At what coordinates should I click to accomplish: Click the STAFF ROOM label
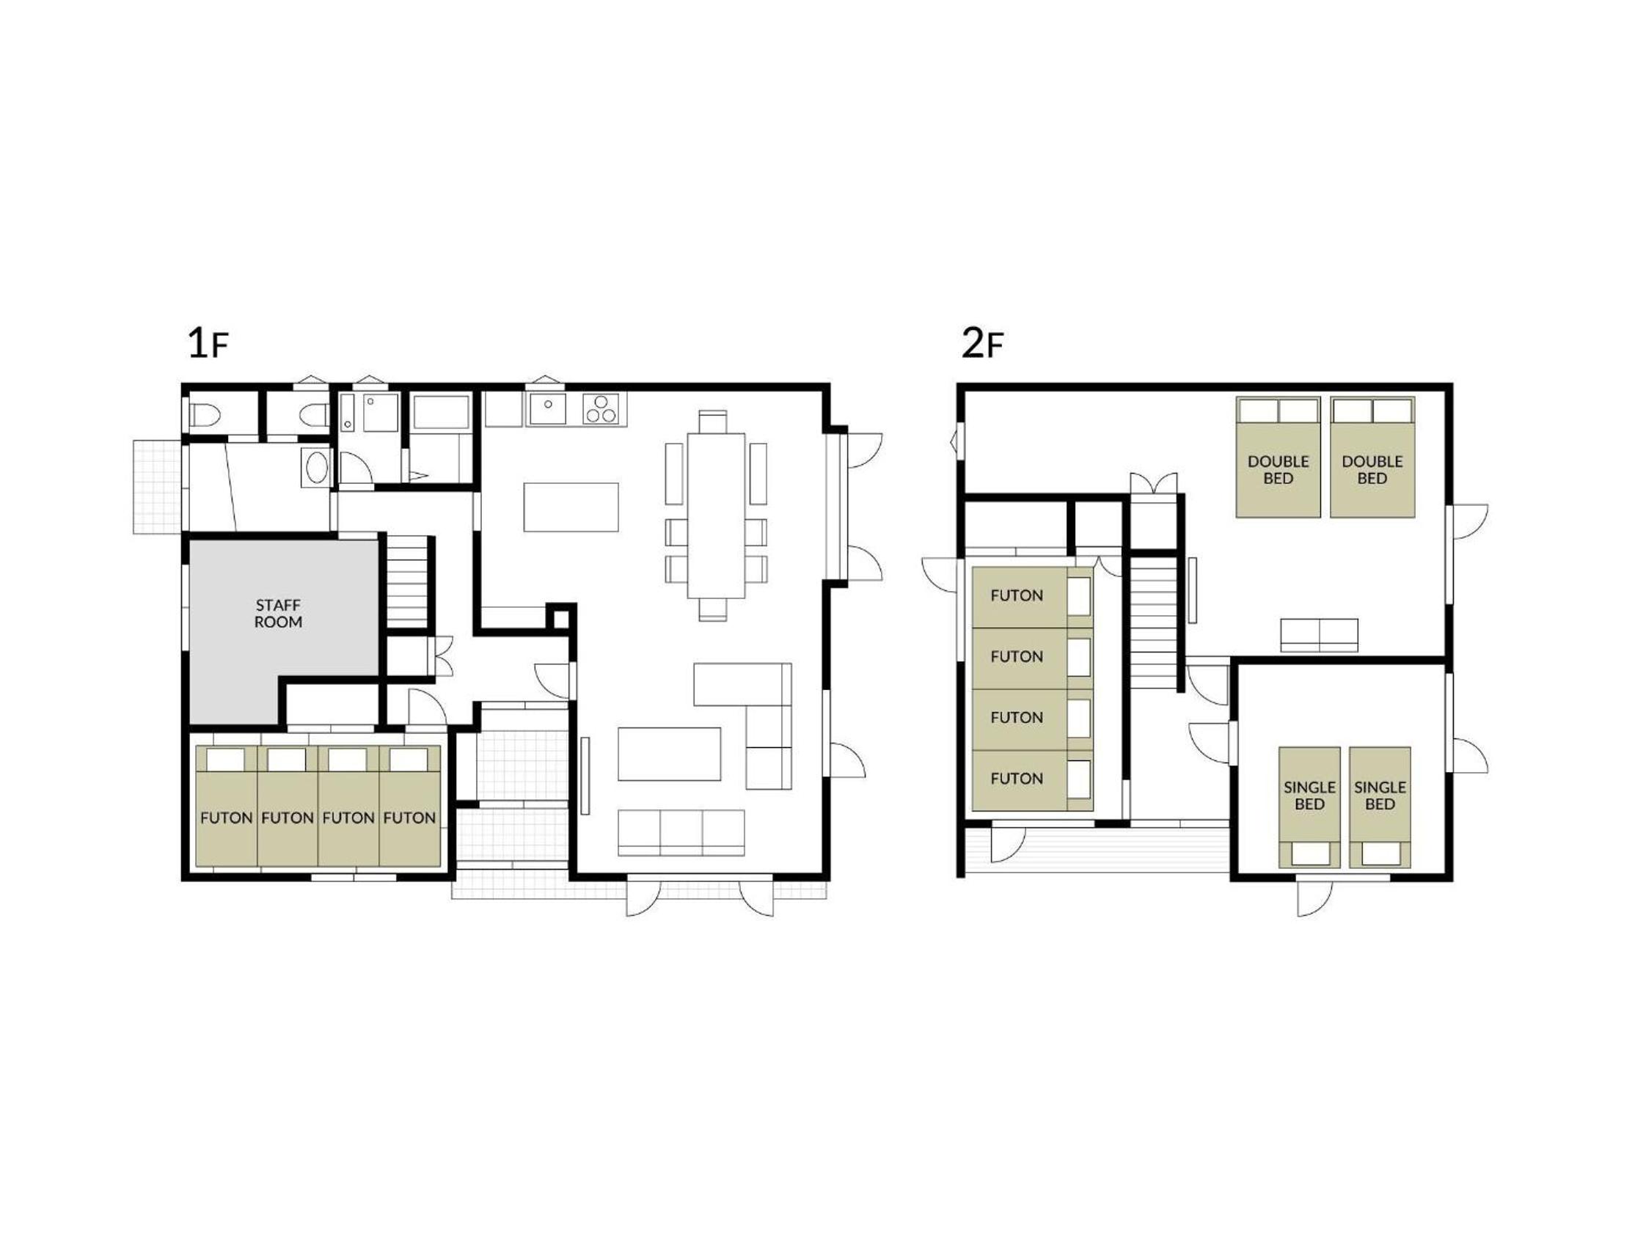click(278, 614)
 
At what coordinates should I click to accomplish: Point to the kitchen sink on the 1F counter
click(547, 409)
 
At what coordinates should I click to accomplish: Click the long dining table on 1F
click(716, 515)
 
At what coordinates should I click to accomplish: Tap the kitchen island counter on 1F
click(571, 507)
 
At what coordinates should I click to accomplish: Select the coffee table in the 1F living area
click(669, 754)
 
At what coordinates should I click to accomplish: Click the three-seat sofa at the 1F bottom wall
click(681, 832)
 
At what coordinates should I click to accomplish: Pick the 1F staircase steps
click(406, 581)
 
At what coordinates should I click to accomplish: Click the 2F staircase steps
click(1152, 622)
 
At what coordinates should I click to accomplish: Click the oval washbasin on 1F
click(315, 467)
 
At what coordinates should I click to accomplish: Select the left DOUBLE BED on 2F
click(1278, 458)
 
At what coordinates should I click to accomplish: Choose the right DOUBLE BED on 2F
click(1372, 458)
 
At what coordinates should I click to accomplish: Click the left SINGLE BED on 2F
click(1309, 807)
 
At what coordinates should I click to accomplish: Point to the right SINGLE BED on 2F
click(1380, 807)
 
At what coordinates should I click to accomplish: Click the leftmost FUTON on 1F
click(226, 806)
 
